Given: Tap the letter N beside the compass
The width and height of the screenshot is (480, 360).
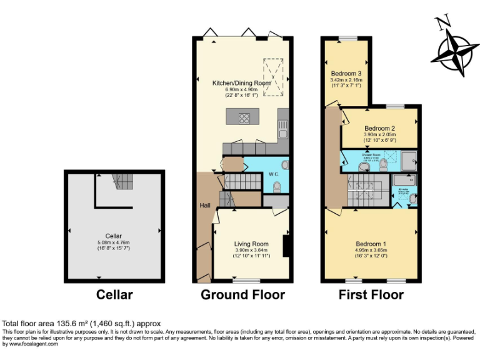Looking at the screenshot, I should click(442, 22).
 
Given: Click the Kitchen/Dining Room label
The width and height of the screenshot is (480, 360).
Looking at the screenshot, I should click(241, 83).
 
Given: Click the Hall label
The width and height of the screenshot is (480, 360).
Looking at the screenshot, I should click(204, 206).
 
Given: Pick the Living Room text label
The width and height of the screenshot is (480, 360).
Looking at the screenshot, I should click(251, 244).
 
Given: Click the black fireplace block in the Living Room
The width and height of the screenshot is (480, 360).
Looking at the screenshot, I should click(286, 246).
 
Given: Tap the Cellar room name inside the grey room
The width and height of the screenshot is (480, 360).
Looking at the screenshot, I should click(114, 236).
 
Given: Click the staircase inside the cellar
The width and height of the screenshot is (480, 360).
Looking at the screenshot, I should click(122, 182).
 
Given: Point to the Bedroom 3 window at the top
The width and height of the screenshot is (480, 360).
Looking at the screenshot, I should click(348, 39).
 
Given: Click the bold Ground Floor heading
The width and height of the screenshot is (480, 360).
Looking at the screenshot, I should click(242, 294).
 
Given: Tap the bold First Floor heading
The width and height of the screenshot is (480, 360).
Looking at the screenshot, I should click(371, 294).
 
